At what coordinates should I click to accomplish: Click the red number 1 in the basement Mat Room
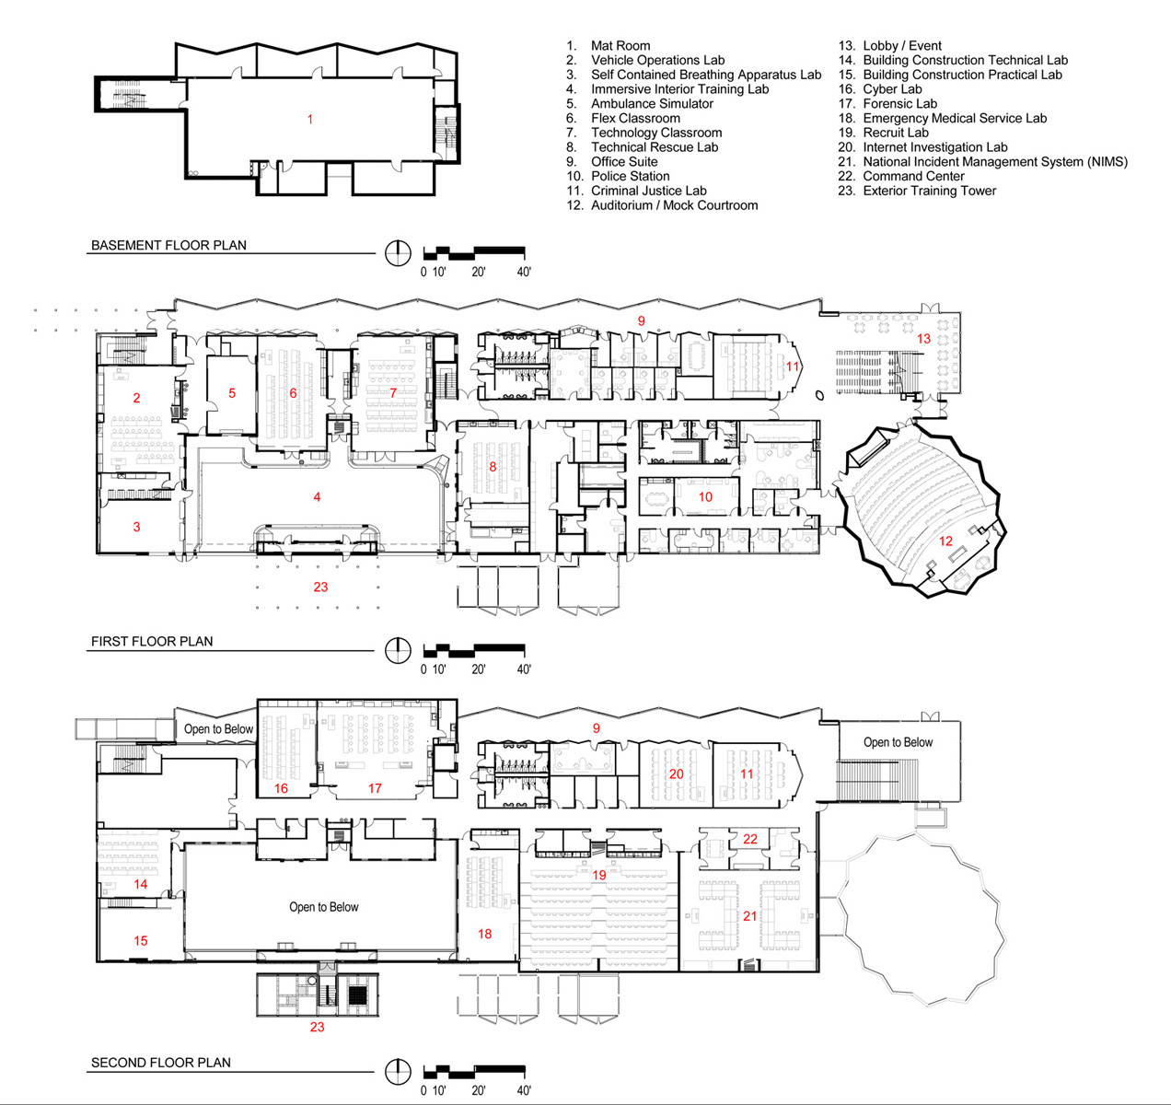[x=310, y=119]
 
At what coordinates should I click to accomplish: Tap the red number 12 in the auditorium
[x=945, y=541]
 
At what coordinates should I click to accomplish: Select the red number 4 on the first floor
[x=318, y=496]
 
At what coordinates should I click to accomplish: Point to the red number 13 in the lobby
[x=923, y=339]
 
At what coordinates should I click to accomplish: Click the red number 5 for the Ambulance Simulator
[x=232, y=393]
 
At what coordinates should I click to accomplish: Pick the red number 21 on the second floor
[x=750, y=915]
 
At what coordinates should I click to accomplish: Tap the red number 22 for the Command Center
[x=750, y=839]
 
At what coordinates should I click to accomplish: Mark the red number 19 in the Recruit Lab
[x=599, y=875]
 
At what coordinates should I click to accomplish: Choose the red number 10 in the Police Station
[x=706, y=496]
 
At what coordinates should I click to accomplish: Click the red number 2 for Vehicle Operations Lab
[x=137, y=398]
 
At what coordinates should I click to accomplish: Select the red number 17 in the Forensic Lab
[x=375, y=788]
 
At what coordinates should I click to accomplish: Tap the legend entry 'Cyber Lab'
[x=892, y=89]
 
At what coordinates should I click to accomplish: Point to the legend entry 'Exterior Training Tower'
[x=929, y=191]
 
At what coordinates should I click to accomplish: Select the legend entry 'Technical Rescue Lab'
[x=655, y=147]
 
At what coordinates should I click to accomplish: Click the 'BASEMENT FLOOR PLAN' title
[x=168, y=245]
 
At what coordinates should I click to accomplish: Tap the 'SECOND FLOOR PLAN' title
[x=160, y=1063]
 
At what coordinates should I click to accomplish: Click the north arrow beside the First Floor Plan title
[x=398, y=650]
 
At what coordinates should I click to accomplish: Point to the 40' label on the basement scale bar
[x=524, y=272]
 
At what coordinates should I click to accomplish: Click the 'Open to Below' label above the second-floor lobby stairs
[x=898, y=742]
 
